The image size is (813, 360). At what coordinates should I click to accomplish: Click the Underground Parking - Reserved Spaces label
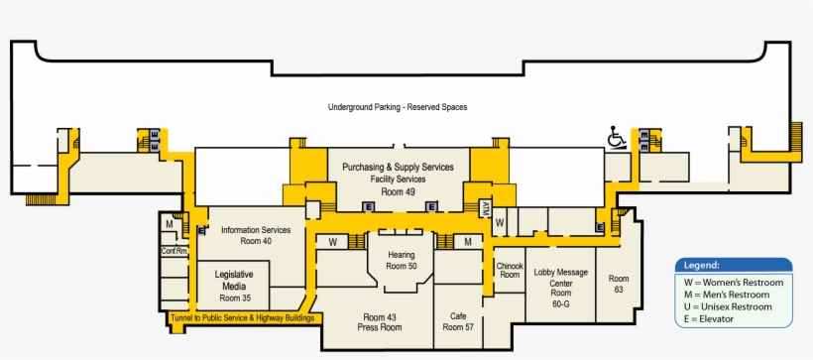(x=398, y=107)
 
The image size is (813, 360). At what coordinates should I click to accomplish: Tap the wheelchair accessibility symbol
(x=616, y=137)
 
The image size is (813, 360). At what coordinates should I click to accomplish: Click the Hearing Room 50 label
(x=401, y=260)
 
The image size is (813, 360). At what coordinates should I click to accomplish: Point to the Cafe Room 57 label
(x=457, y=321)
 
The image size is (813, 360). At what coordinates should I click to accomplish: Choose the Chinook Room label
(x=510, y=270)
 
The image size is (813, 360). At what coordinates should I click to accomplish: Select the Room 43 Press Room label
(x=378, y=321)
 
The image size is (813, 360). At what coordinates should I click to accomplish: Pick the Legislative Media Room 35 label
(x=235, y=285)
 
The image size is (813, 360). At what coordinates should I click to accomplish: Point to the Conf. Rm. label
(x=174, y=251)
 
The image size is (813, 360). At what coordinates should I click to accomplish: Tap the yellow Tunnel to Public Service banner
(x=243, y=318)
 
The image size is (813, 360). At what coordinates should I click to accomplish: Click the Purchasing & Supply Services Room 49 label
(x=398, y=179)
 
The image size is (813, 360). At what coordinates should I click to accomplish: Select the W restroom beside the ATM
(x=501, y=222)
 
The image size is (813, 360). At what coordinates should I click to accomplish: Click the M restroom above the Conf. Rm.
(x=171, y=225)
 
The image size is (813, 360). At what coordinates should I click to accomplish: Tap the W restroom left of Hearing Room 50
(x=333, y=241)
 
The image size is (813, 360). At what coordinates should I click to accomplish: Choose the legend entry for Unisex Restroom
(x=733, y=306)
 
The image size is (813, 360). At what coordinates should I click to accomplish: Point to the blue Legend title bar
(x=733, y=265)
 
